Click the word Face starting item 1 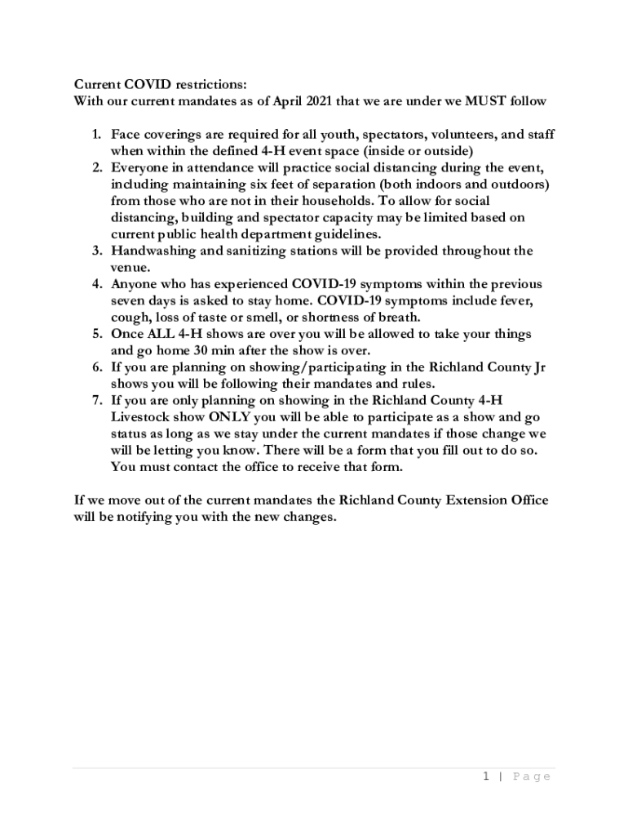(x=126, y=135)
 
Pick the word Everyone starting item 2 (x=140, y=168)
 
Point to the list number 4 (x=95, y=284)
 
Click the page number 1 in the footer (x=484, y=776)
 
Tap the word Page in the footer (x=531, y=776)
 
